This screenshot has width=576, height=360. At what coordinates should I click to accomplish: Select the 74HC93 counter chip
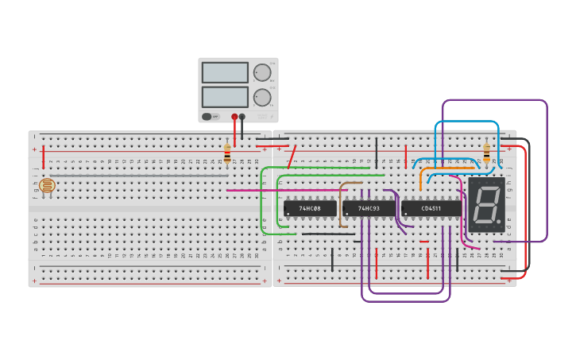point(369,208)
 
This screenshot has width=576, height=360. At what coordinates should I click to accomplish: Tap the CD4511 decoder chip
point(431,208)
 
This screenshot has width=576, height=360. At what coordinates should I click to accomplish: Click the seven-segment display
point(485,205)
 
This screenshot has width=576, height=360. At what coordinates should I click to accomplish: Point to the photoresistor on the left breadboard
point(47,186)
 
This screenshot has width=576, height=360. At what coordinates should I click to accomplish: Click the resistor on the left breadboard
point(227,154)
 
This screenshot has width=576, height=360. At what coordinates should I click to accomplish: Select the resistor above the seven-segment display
point(486,153)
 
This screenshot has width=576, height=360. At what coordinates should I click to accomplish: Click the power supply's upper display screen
point(225,72)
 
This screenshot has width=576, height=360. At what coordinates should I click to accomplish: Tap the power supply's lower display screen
point(225,97)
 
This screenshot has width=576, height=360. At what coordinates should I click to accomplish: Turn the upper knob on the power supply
point(261,72)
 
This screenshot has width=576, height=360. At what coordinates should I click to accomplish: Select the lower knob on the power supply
point(261,98)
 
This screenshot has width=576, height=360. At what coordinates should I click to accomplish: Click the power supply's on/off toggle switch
point(207,117)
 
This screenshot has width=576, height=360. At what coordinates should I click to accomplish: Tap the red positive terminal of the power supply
point(234,117)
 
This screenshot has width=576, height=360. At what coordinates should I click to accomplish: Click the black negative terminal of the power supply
point(242,117)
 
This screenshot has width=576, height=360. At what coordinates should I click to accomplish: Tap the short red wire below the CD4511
point(423,242)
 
